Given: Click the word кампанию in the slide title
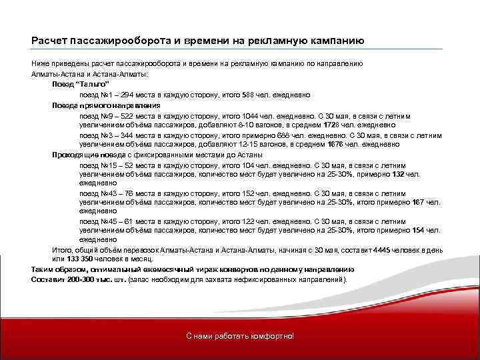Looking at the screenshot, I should (x=335, y=40).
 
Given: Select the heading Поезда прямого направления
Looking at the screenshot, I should (x=106, y=105).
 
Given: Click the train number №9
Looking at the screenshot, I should (x=105, y=115).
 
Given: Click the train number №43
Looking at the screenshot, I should (x=107, y=193).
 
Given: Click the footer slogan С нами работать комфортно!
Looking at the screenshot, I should (x=239, y=335).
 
